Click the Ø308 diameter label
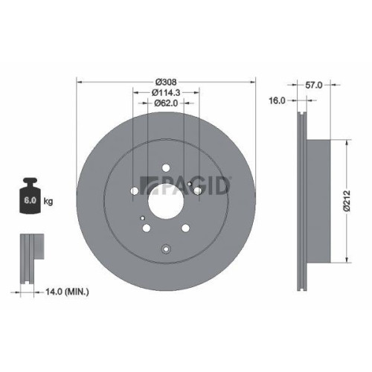tap(166, 81)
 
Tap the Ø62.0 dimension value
tap(166, 103)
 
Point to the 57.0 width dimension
tap(315, 86)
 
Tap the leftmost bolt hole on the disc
tap(134, 191)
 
